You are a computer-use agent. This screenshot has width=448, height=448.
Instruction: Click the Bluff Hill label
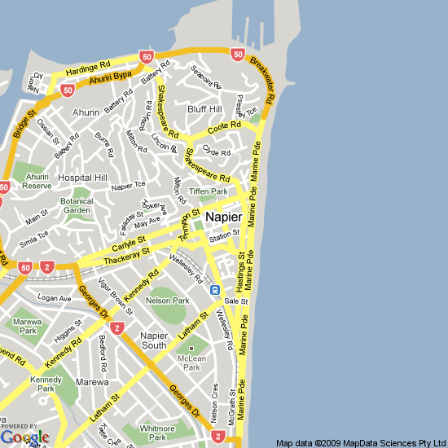point(204,109)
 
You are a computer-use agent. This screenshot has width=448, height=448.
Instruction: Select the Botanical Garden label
point(77,205)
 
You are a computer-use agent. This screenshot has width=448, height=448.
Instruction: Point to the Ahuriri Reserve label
point(37,181)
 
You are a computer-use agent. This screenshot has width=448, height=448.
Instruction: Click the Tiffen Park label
point(209,191)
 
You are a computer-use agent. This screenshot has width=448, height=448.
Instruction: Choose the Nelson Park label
point(168,301)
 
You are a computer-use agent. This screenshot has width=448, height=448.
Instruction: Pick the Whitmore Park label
point(157,433)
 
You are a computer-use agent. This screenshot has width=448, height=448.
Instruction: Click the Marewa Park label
point(29,327)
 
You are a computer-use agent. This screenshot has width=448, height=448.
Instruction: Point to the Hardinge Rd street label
point(88,67)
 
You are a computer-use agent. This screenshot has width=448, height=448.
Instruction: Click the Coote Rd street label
point(224,128)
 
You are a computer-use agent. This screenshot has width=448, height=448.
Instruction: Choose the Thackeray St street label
point(129,256)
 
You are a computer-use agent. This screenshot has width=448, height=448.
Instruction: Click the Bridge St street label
point(25,123)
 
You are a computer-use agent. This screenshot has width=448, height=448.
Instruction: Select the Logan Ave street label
point(55,298)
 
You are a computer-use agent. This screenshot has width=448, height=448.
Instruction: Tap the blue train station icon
point(214,289)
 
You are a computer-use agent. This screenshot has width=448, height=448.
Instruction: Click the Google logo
point(24,437)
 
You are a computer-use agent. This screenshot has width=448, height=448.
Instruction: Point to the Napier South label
point(154,340)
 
